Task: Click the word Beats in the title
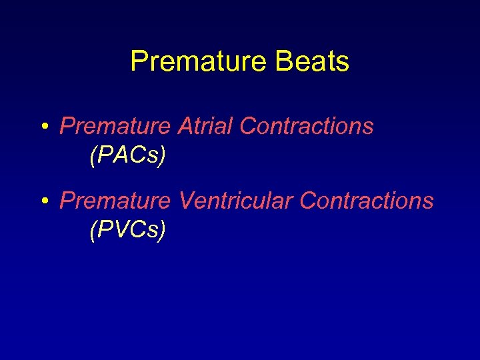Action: (315, 61)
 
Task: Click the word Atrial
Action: (205, 126)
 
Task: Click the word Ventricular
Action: (236, 201)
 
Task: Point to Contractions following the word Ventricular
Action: (367, 201)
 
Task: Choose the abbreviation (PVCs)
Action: (127, 230)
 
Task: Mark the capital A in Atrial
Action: (185, 126)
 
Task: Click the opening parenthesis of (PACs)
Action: (92, 156)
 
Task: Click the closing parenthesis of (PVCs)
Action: (162, 231)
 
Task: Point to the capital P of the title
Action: (138, 61)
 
